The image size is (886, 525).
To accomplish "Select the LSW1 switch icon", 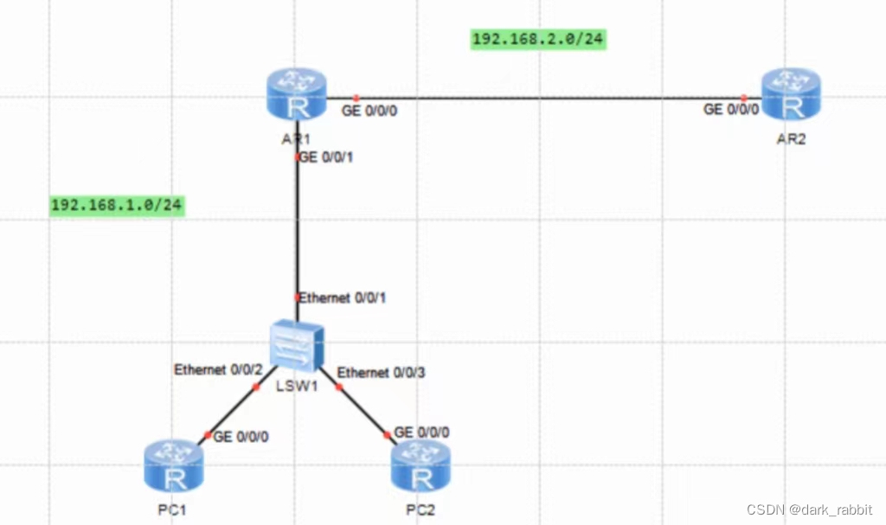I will (x=297, y=347).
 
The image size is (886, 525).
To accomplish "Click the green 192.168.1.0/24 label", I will (x=117, y=205).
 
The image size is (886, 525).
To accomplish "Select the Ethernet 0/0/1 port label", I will (x=343, y=298).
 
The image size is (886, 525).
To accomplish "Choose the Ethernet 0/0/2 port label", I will (x=218, y=369).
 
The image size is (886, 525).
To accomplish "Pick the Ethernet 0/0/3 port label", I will (x=381, y=373).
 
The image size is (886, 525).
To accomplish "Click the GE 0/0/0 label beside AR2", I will (x=731, y=110).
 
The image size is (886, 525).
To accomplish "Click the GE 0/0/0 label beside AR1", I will (x=369, y=111).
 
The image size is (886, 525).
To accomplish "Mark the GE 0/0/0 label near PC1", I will (x=241, y=437).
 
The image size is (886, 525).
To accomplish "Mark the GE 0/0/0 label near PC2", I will (x=422, y=432).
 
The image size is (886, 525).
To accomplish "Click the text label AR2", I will (x=791, y=139).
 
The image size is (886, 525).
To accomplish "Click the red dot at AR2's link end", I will (x=744, y=98).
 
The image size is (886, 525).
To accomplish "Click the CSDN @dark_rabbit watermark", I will (x=810, y=510).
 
